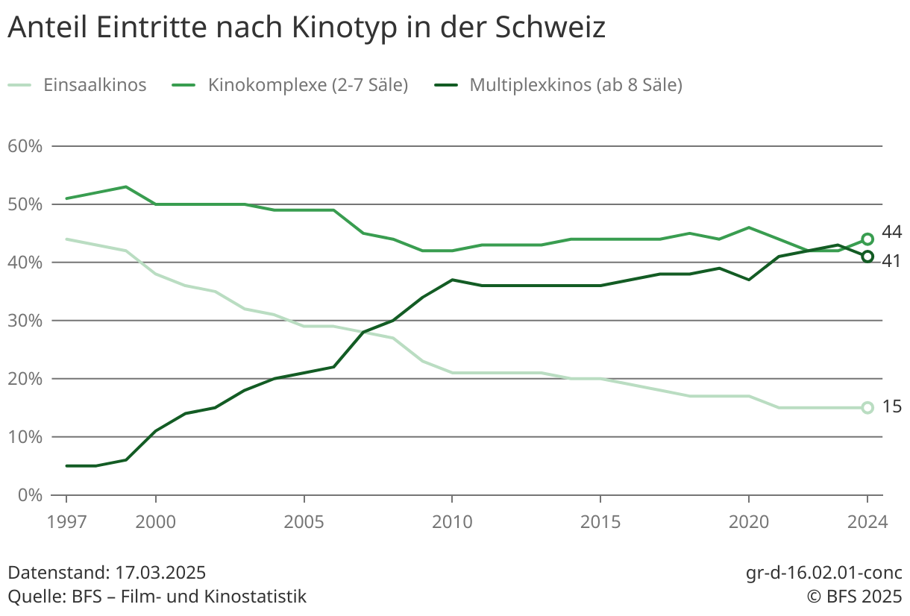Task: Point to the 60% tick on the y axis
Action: click(x=25, y=146)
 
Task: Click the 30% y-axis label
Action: click(x=25, y=321)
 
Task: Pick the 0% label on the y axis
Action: click(x=30, y=495)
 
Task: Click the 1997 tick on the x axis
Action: click(x=66, y=521)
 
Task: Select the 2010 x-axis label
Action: click(x=452, y=521)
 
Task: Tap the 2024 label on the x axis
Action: click(x=867, y=521)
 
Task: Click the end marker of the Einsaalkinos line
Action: click(x=867, y=408)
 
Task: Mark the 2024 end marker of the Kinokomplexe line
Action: click(x=867, y=239)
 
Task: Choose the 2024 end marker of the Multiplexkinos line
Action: click(x=867, y=257)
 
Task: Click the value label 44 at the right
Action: click(x=891, y=233)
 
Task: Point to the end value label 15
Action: click(x=891, y=407)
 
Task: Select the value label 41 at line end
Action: click(x=891, y=261)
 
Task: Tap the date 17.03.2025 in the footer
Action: click(x=160, y=573)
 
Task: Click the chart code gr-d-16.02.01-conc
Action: click(x=823, y=573)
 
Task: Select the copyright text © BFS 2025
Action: click(x=853, y=597)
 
